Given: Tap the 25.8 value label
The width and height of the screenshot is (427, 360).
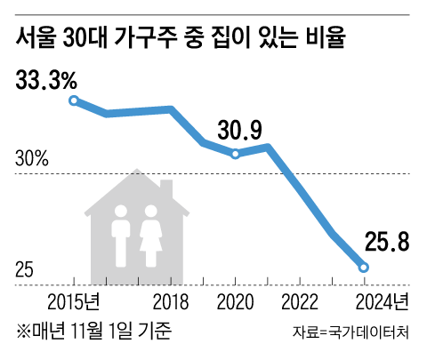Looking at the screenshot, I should pos(386,241).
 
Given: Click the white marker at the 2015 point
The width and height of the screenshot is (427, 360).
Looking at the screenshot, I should pos(75,100).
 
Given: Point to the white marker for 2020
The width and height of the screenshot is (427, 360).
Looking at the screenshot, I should pos(236,154).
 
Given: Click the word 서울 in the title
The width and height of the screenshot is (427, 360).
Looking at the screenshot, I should pos(36,39).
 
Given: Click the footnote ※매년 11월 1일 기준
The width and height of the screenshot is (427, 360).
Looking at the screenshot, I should pos(93,331).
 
